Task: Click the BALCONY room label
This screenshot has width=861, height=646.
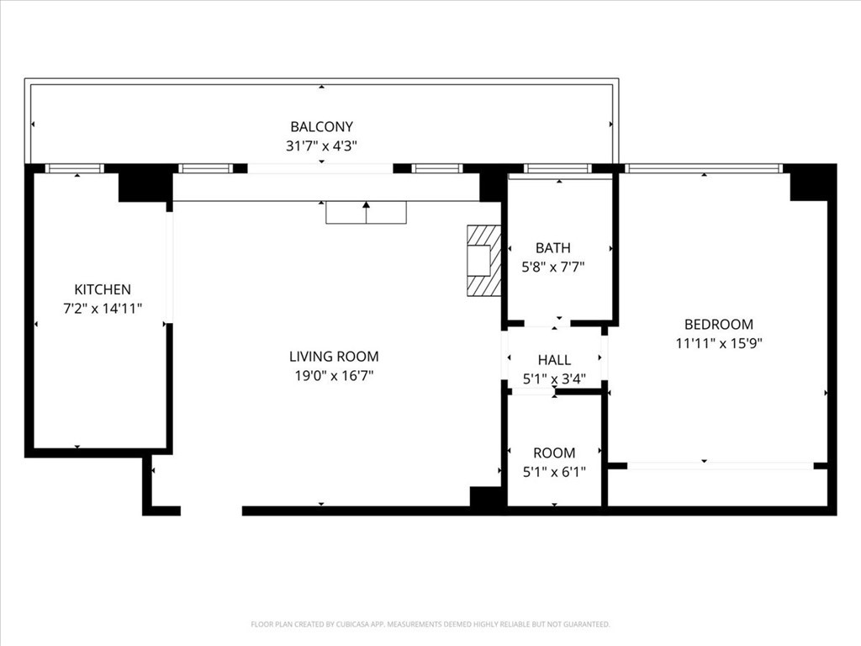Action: point(321,127)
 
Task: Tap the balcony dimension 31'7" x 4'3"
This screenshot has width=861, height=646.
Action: point(321,146)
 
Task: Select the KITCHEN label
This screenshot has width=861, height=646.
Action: point(103,289)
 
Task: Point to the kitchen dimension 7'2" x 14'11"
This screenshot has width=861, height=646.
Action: point(103,309)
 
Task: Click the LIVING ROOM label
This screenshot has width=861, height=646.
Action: point(334,357)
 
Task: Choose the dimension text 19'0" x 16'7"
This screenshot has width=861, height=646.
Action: point(334,376)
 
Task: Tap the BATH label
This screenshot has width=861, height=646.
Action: point(553,248)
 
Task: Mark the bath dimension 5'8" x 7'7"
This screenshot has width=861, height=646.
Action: point(553,267)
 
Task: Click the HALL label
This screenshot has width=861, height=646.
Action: point(554,360)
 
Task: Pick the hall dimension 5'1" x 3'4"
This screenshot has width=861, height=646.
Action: point(554,379)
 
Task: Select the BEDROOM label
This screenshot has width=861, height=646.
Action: point(719,324)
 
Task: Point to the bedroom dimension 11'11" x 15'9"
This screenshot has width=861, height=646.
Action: point(719,343)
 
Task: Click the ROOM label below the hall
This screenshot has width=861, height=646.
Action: point(554,453)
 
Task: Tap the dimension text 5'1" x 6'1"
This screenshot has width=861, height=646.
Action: point(554,472)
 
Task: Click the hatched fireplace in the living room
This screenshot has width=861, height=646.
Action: point(484,261)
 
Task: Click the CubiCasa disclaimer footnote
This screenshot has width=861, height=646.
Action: point(430,624)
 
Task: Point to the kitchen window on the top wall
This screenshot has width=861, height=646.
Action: point(74,168)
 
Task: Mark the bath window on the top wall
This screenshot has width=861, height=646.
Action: point(557,168)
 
